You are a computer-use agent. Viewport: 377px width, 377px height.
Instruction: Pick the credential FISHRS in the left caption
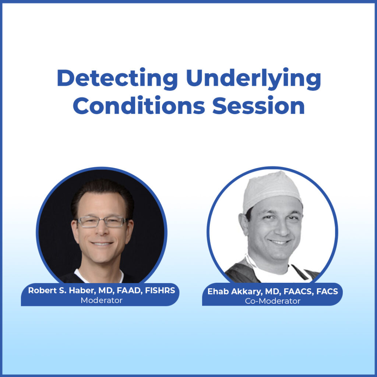pos(160,291)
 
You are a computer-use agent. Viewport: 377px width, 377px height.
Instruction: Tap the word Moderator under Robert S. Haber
pos(101,300)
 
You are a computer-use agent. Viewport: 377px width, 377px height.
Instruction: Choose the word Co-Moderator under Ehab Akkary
pos(272,301)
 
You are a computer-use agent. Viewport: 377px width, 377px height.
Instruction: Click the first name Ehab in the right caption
pos(216,292)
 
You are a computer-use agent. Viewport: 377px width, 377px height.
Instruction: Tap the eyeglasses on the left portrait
pos(102,222)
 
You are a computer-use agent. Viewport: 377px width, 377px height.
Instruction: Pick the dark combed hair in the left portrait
pos(101,191)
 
